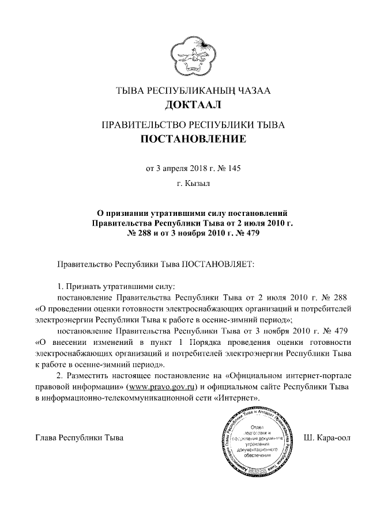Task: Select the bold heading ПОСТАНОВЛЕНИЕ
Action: (x=193, y=139)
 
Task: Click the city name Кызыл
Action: (x=198, y=184)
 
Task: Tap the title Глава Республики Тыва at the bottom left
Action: (x=79, y=439)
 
